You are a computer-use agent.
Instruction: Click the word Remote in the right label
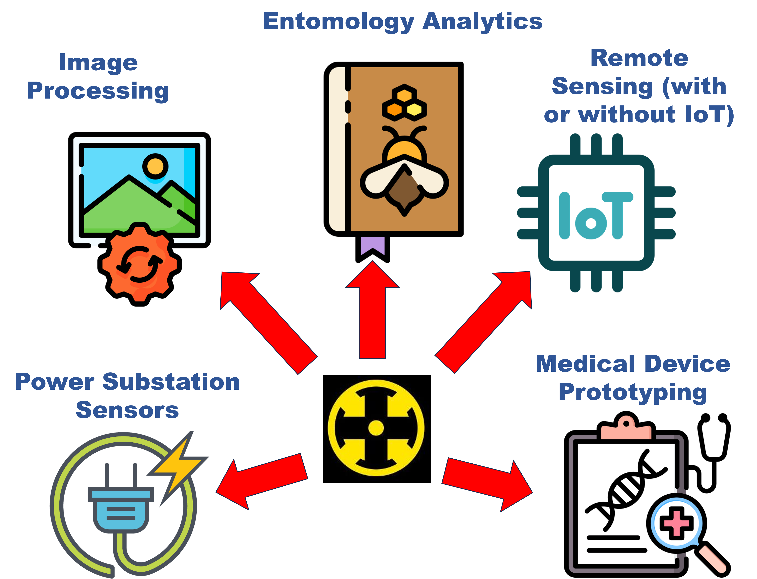[x=639, y=58]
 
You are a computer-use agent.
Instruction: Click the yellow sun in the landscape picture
[x=155, y=166]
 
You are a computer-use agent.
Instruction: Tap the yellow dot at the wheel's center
[x=376, y=428]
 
